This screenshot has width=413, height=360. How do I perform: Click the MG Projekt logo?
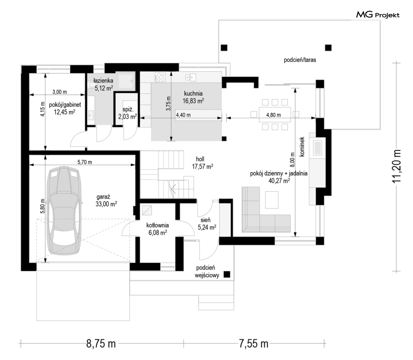pos(378,15)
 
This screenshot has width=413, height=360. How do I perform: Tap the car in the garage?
pos(64,210)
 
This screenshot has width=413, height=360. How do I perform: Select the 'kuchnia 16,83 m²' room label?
pos(193,97)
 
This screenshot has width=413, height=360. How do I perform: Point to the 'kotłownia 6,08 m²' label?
pos(157,229)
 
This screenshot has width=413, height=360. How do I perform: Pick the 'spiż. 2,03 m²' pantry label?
pos(128,113)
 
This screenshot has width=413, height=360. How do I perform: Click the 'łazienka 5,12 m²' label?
pos(103,85)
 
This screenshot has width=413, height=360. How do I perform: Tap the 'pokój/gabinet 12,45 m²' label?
pos(65,109)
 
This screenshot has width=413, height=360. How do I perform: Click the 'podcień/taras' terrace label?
pos(300,60)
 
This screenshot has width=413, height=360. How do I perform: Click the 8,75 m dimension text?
pos(101,344)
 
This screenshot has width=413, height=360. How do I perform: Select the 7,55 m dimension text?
pos(253,344)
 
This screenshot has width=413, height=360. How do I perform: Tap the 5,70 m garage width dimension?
pos(85,162)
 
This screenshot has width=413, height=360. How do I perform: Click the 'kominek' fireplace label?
pos(302,147)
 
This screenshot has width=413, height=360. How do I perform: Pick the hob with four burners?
pos(160,77)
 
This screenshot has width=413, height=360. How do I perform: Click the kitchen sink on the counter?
pos(191,77)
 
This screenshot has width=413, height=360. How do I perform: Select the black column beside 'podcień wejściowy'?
pos(227,275)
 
